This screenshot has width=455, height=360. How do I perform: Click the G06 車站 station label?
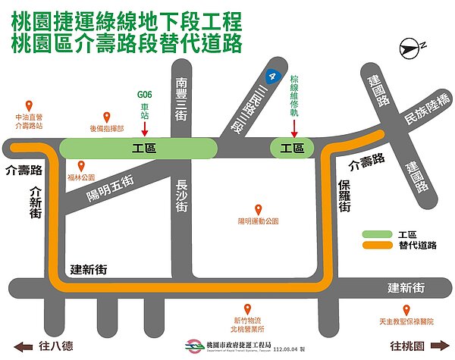(144, 101)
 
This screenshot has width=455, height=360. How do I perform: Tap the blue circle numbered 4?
(271, 77)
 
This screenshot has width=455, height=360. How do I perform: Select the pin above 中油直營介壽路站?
(29, 106)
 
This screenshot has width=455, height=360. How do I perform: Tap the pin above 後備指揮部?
(107, 117)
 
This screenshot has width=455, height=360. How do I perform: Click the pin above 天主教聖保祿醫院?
(406, 310)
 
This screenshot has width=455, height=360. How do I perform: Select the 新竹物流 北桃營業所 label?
(247, 324)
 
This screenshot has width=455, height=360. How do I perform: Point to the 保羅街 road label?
(344, 195)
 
